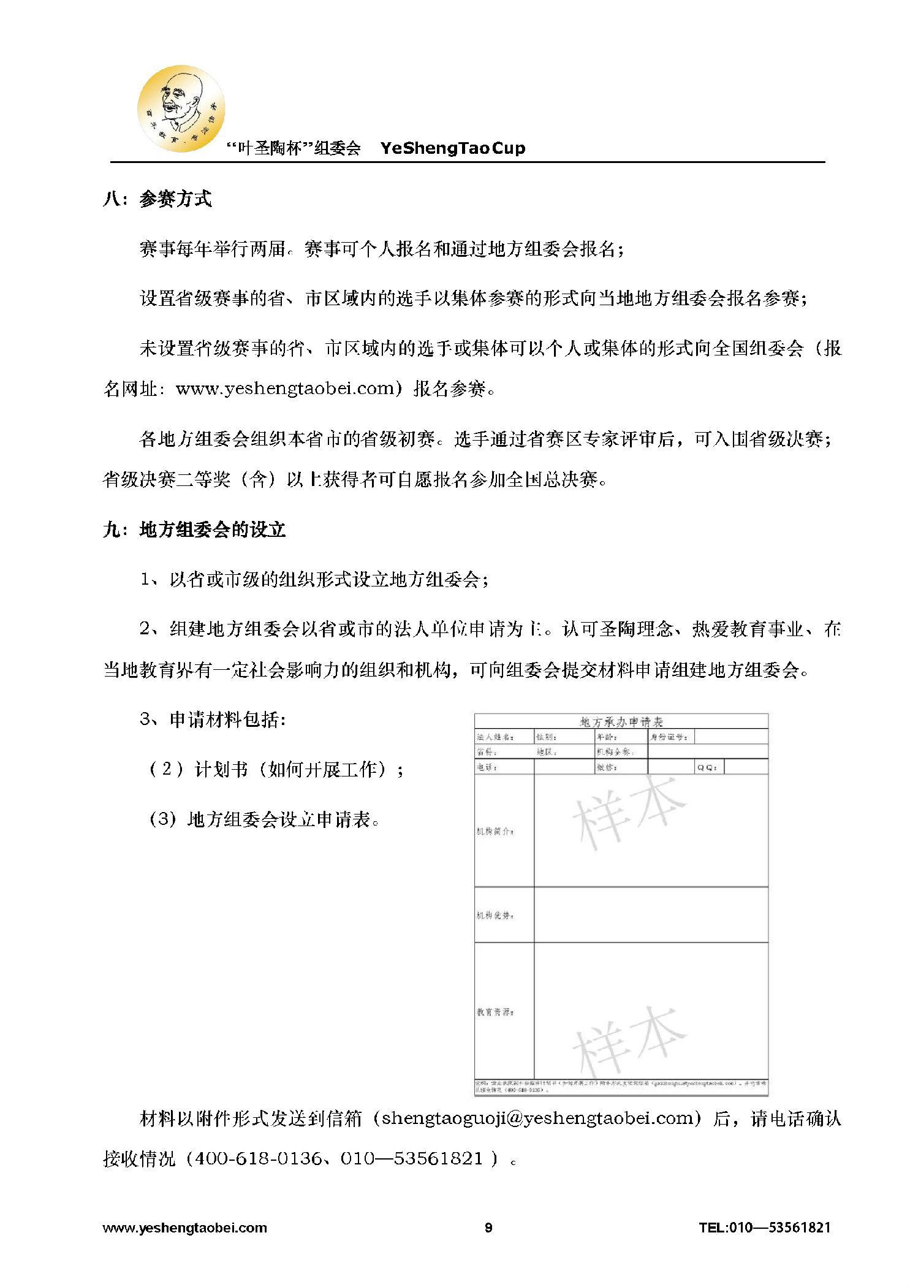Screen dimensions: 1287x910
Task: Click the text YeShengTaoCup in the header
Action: pyautogui.click(x=452, y=148)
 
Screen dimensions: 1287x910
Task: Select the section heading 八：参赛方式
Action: pyautogui.click(x=157, y=199)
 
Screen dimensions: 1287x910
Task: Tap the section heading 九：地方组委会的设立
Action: pyautogui.click(x=194, y=530)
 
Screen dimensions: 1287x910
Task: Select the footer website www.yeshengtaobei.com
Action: pyautogui.click(x=185, y=1228)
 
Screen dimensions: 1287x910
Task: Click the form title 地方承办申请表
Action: pyautogui.click(x=621, y=722)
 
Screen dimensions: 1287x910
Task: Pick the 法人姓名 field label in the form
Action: pyautogui.click(x=495, y=737)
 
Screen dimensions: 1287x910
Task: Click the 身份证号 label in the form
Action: pyautogui.click(x=669, y=737)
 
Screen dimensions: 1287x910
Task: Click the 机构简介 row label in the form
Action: pyautogui.click(x=495, y=832)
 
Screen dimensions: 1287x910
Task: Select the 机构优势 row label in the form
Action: pyautogui.click(x=495, y=916)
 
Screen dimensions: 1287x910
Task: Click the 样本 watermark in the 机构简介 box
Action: pyautogui.click(x=629, y=809)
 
